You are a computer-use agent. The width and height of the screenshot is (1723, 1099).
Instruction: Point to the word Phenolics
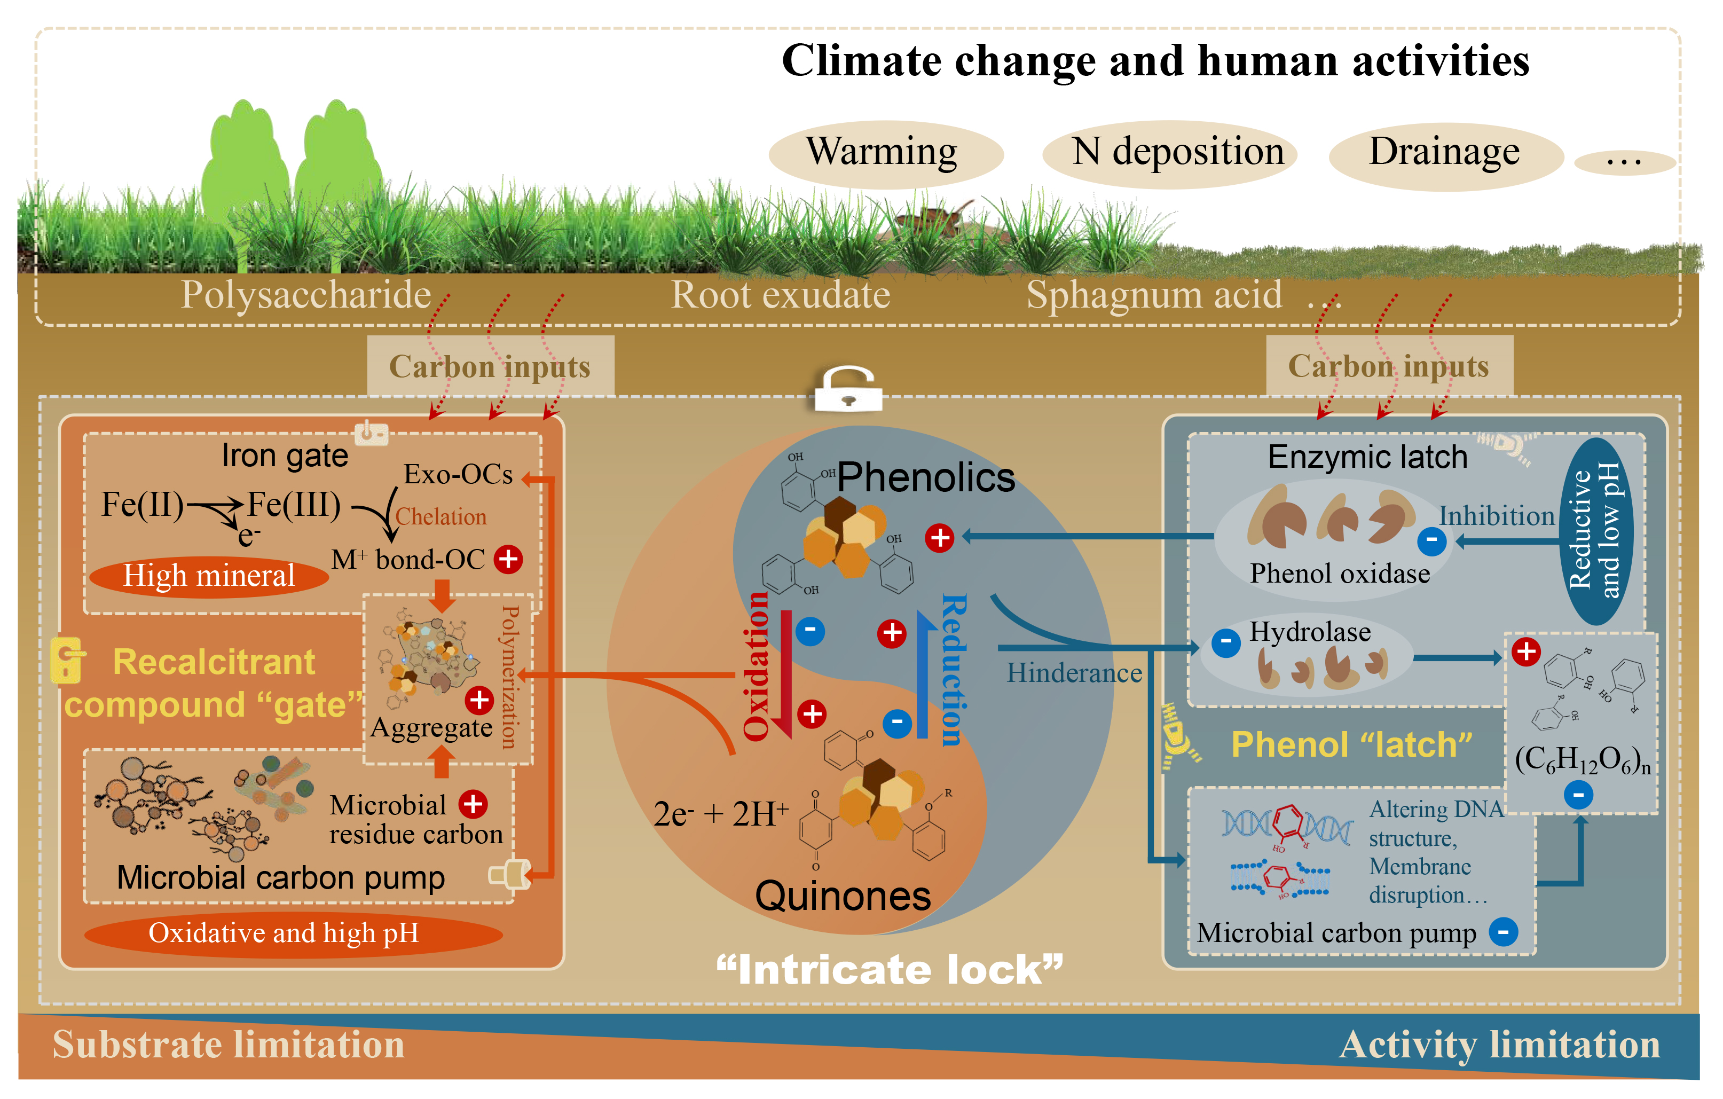pyautogui.click(x=926, y=477)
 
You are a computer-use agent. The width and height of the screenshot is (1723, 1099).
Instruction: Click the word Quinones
pyautogui.click(x=843, y=896)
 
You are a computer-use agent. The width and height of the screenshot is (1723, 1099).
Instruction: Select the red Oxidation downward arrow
pyautogui.click(x=785, y=672)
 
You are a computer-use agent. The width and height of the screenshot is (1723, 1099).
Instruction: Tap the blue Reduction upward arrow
pyautogui.click(x=923, y=672)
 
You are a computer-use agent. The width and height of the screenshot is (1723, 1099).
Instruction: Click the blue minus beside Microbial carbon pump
pyautogui.click(x=1504, y=931)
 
